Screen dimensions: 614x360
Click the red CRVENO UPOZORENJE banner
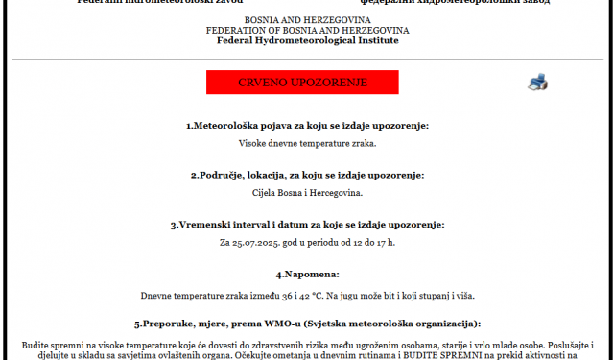click(x=302, y=83)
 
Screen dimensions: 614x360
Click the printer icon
click(x=537, y=83)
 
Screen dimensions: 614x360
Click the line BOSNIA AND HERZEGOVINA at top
click(x=306, y=20)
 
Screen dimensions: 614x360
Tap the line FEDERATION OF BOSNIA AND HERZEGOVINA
click(x=306, y=30)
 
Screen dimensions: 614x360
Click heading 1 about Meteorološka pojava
click(x=307, y=126)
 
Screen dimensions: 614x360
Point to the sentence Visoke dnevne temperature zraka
click(x=307, y=143)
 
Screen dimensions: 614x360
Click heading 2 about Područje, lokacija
click(x=307, y=175)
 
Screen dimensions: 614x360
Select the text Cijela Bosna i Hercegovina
click(x=307, y=192)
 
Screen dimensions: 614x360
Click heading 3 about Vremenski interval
click(x=307, y=225)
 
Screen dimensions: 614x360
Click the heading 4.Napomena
click(x=307, y=275)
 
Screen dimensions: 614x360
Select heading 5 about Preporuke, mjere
click(x=307, y=324)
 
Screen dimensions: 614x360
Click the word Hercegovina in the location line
click(x=336, y=192)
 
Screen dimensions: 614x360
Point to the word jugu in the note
click(x=382, y=296)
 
